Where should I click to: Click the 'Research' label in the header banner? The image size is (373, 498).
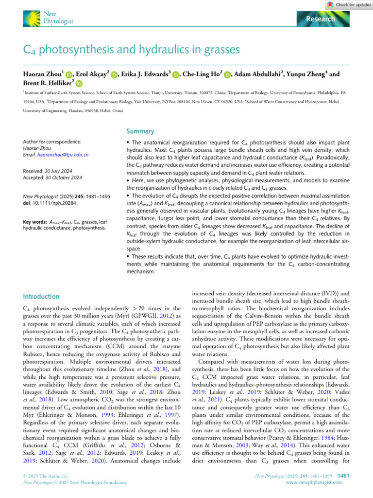(321, 19)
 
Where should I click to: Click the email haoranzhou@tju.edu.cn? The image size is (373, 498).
(50, 155)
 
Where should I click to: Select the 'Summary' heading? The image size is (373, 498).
(139, 131)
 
